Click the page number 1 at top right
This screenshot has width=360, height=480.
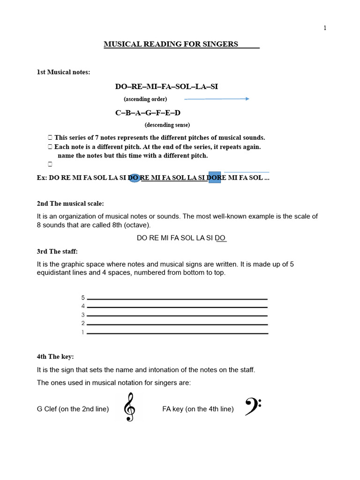pyautogui.click(x=325, y=28)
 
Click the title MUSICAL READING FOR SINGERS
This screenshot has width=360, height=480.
pyautogui.click(x=171, y=44)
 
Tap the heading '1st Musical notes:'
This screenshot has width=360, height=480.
pyautogui.click(x=63, y=72)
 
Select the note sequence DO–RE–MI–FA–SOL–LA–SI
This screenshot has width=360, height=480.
pyautogui.click(x=166, y=87)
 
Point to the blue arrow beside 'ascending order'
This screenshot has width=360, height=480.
pyautogui.click(x=216, y=99)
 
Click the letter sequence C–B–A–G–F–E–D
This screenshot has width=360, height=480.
pyautogui.click(x=148, y=113)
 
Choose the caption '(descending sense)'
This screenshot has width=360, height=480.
pyautogui.click(x=167, y=125)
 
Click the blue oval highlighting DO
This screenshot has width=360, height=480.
pyautogui.click(x=134, y=178)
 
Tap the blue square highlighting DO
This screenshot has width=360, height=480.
pyautogui.click(x=214, y=178)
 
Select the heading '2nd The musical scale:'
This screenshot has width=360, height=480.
pyautogui.click(x=70, y=203)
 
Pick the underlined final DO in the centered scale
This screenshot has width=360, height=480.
pyautogui.click(x=221, y=238)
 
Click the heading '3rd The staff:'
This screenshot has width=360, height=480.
pyautogui.click(x=57, y=252)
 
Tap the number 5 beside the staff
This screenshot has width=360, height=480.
pyautogui.click(x=83, y=298)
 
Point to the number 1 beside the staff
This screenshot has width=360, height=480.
pyautogui.click(x=83, y=333)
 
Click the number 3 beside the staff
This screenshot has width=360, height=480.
pyautogui.click(x=83, y=315)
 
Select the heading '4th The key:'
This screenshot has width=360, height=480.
pyautogui.click(x=55, y=357)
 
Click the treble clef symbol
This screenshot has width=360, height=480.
pyautogui.click(x=129, y=407)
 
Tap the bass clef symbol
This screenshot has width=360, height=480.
pyautogui.click(x=253, y=406)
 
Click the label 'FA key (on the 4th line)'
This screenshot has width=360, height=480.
pyautogui.click(x=198, y=409)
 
